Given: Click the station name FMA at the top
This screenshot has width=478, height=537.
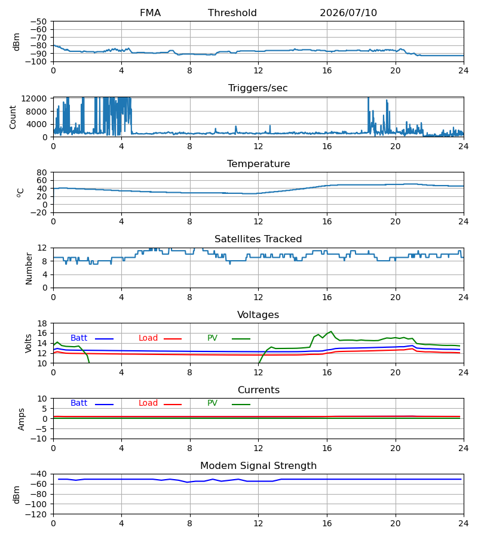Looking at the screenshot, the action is tap(150, 13).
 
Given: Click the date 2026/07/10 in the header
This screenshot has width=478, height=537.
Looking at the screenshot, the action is tap(348, 13).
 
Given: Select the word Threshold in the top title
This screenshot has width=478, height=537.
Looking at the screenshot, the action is tap(232, 13).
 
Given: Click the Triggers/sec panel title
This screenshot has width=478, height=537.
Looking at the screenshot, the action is tap(258, 88).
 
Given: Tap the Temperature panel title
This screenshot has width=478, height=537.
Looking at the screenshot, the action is tap(258, 163).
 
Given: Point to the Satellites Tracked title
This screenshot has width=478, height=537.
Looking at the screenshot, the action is tap(258, 239).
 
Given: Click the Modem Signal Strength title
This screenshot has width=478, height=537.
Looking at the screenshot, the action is tap(258, 466).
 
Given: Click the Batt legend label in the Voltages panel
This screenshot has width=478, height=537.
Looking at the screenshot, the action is tap(79, 338).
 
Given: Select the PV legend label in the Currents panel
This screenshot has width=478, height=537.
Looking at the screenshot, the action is tap(212, 403).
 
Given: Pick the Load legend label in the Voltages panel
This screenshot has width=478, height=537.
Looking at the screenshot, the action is tap(148, 338).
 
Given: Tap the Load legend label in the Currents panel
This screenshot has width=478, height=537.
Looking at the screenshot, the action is tap(148, 403).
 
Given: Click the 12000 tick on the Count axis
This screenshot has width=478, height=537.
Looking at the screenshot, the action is tap(34, 98).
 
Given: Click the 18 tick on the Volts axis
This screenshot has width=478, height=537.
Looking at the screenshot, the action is tap(42, 323).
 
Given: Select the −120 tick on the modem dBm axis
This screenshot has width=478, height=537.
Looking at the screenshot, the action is tap(36, 514).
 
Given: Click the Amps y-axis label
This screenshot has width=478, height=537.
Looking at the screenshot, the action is tap(22, 419).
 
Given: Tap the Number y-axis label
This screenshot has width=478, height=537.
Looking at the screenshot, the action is tap(29, 268).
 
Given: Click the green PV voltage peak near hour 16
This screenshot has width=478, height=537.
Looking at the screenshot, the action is tap(331, 332).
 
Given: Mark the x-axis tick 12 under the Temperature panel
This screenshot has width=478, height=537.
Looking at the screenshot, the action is tap(258, 221).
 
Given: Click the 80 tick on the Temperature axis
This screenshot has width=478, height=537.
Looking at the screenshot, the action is tap(42, 172).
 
